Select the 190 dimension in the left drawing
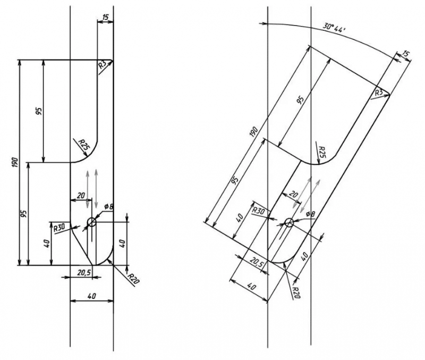[15, 162]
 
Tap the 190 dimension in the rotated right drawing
[254, 131]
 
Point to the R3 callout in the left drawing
[103, 64]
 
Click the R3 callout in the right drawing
[379, 93]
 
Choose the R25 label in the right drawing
[322, 153]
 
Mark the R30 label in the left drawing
[59, 228]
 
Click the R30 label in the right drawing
[258, 211]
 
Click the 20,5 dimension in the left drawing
[84, 272]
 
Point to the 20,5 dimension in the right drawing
[257, 262]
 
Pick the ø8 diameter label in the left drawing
[109, 207]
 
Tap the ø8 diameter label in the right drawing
[311, 214]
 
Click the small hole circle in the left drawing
[91, 222]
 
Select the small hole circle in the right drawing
[289, 222]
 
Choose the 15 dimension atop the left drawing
[105, 17]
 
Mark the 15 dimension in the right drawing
[405, 54]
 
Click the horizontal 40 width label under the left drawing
[92, 296]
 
